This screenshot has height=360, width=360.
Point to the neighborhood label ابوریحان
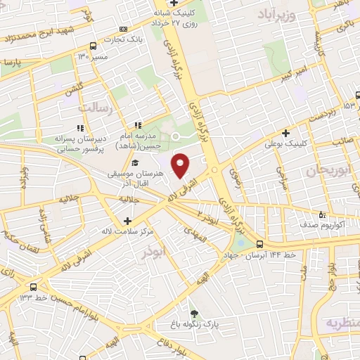point(328,172)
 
